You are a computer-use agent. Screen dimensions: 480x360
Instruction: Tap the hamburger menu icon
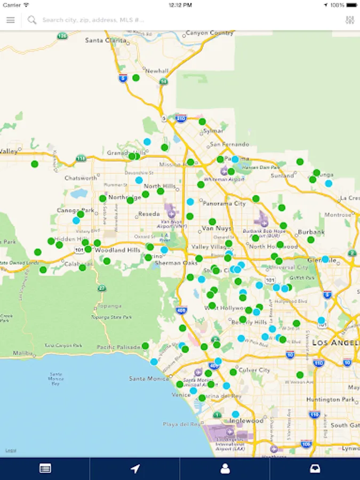pyautogui.click(x=11, y=20)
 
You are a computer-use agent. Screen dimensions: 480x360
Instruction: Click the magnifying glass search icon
pyautogui.click(x=32, y=20)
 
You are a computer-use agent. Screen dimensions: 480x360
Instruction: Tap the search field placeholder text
pyautogui.click(x=93, y=20)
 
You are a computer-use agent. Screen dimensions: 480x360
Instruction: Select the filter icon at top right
pyautogui.click(x=350, y=20)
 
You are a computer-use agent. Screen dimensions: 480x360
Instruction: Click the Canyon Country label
pyautogui.click(x=210, y=33)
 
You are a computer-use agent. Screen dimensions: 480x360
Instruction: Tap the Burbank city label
pyautogui.click(x=311, y=233)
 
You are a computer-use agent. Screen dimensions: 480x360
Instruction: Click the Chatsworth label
pyautogui.click(x=81, y=178)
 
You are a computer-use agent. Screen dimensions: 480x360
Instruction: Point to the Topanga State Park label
pyautogui.click(x=111, y=317)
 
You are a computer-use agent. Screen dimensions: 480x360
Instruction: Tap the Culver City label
pyautogui.click(x=254, y=370)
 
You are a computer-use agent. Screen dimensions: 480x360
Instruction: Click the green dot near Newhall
pyautogui.click(x=136, y=78)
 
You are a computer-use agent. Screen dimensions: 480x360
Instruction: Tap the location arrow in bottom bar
pyautogui.click(x=135, y=469)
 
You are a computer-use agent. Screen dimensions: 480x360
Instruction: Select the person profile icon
pyautogui.click(x=225, y=469)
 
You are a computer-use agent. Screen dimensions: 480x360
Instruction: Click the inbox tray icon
pyautogui.click(x=315, y=469)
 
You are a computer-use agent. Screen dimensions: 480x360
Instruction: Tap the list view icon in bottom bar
pyautogui.click(x=45, y=469)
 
